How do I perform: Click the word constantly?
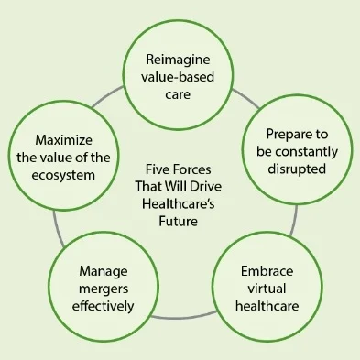(302, 152)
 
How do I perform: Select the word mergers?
(96, 289)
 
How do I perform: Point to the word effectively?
(96, 306)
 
